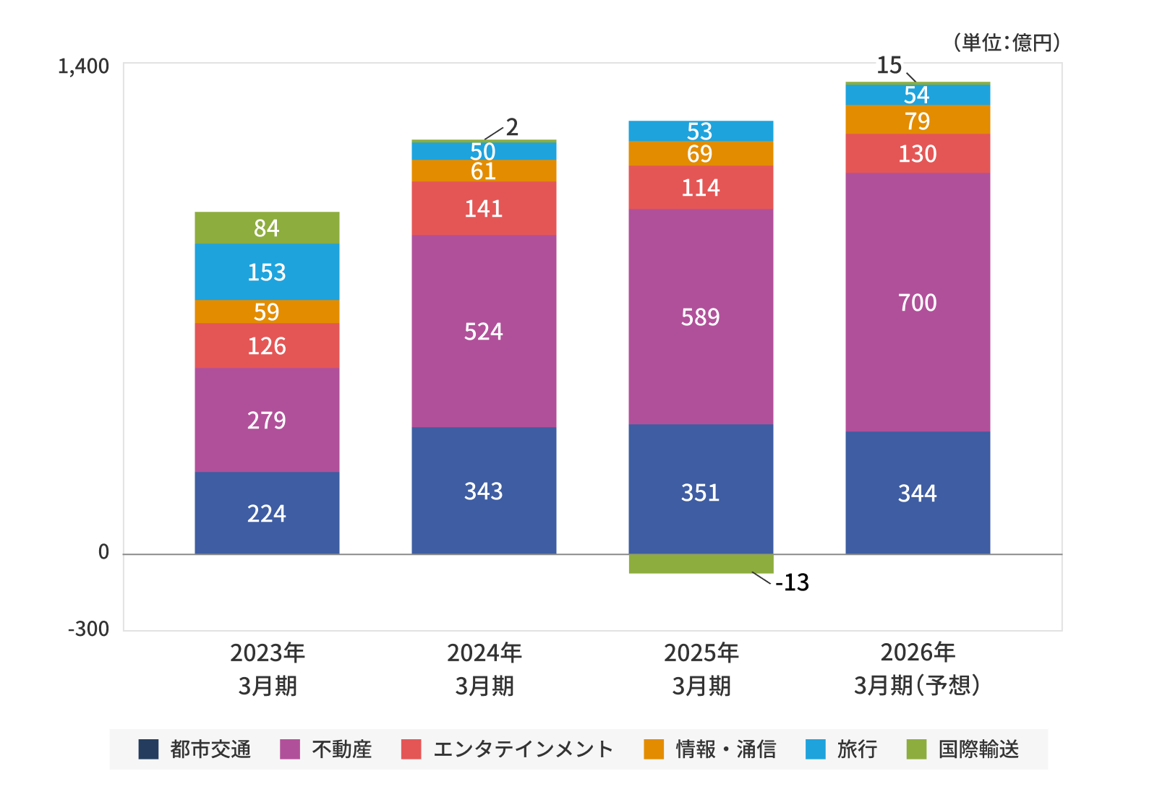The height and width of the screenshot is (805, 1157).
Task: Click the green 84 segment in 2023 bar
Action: coord(267,228)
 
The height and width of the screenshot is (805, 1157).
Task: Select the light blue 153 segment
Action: coord(267,272)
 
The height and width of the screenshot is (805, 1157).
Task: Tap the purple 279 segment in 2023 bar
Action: coord(267,420)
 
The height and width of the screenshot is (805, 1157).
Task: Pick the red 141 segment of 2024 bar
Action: coord(484,208)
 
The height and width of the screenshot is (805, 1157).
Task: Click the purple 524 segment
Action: coord(484,331)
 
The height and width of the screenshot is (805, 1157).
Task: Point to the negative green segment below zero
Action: coord(701,564)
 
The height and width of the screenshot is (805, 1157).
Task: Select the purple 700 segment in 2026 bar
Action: coord(918,302)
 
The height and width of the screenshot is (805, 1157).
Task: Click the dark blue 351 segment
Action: coord(701,492)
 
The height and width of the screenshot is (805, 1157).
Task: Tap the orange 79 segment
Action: coord(918,120)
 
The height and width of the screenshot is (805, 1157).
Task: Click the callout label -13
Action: coord(792,582)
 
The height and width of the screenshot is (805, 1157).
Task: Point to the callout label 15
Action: coord(889,66)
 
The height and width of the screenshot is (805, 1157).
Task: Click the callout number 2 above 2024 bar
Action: coord(512,127)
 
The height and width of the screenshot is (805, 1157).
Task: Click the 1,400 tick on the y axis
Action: coord(83,66)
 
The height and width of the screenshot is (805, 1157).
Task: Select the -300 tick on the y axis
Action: coord(88,629)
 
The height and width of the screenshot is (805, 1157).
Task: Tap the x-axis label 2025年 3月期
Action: coord(701,669)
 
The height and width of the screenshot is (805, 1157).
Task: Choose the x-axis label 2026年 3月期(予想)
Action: coord(918,669)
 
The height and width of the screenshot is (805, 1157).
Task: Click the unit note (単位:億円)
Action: coord(1006,43)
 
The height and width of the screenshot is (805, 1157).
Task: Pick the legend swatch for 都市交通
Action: coord(148,749)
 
